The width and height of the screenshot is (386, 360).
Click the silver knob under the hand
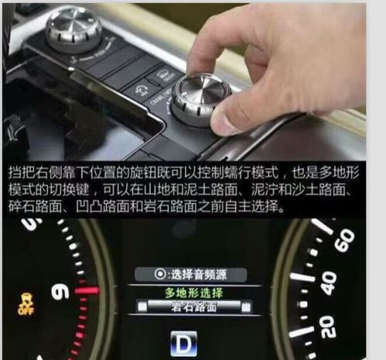click(x=200, y=96)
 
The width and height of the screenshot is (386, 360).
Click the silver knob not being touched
click(x=74, y=26)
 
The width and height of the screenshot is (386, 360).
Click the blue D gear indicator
click(x=183, y=342)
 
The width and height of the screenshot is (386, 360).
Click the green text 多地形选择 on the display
click(x=193, y=293)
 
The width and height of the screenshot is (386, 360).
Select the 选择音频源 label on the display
click(x=196, y=275)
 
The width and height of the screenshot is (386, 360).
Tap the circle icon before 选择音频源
click(x=160, y=275)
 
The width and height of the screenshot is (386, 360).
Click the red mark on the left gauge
click(x=87, y=291)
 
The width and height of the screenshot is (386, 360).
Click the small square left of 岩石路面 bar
click(x=141, y=307)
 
